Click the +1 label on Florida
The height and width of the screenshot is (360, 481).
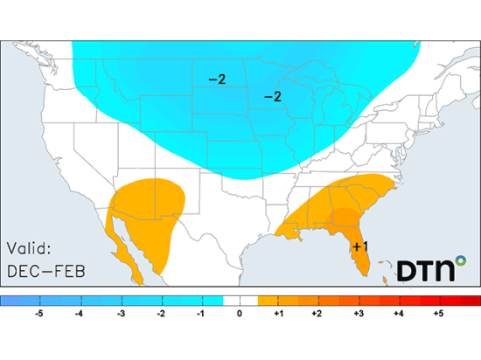pyautogui.click(x=359, y=247)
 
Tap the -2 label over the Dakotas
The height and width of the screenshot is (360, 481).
pyautogui.click(x=217, y=80)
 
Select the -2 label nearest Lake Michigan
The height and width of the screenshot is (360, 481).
pyautogui.click(x=273, y=96)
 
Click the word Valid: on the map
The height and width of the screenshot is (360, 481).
pyautogui.click(x=32, y=248)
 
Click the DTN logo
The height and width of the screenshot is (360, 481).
pyautogui.click(x=428, y=269)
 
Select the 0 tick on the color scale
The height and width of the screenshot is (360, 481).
pyautogui.click(x=240, y=312)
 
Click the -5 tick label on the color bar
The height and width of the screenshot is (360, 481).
pyautogui.click(x=38, y=312)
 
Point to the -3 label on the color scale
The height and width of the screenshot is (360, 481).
pyautogui.click(x=119, y=312)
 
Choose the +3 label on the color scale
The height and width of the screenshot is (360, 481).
pyautogui.click(x=359, y=312)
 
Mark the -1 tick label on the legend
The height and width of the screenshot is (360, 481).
pyautogui.click(x=199, y=312)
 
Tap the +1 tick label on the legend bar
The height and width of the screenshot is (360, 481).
pyautogui.click(x=279, y=312)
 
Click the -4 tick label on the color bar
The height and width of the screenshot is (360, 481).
pyautogui.click(x=79, y=312)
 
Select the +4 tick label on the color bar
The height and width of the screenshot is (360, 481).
pyautogui.click(x=400, y=312)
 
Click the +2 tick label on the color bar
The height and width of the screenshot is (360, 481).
pyautogui.click(x=319, y=312)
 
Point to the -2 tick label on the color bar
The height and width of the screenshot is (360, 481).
pyautogui.click(x=159, y=312)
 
